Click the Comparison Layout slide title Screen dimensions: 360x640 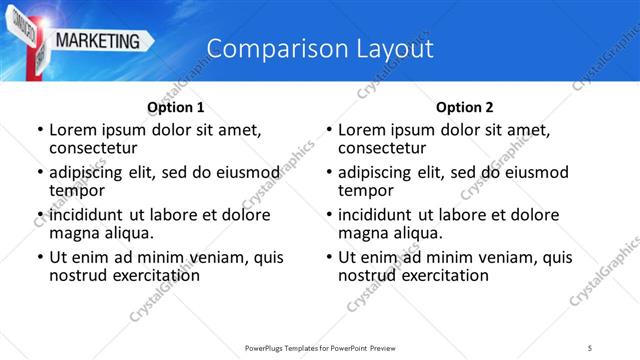pyautogui.click(x=320, y=49)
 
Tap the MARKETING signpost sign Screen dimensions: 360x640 pyautogui.click(x=98, y=41)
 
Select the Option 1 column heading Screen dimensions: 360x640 pyautogui.click(x=175, y=107)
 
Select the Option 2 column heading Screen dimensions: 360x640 pyautogui.click(x=464, y=107)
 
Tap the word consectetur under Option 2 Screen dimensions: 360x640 pyautogui.click(x=382, y=148)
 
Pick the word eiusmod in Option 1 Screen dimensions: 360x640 pyautogui.click(x=239, y=172)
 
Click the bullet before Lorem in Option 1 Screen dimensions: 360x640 pyautogui.click(x=39, y=130)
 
